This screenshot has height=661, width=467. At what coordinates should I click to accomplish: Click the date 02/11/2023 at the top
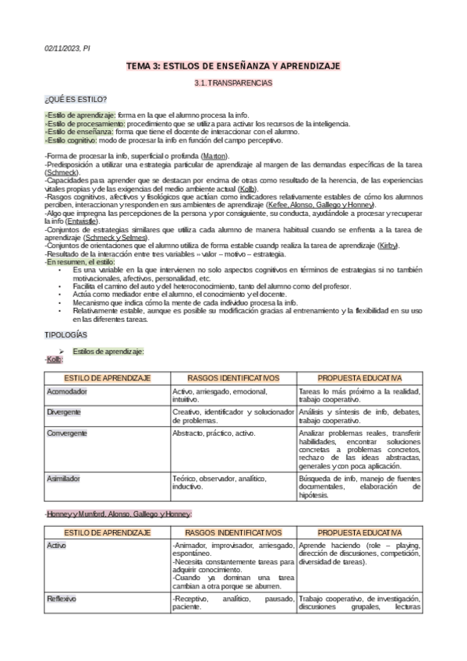(x=62, y=48)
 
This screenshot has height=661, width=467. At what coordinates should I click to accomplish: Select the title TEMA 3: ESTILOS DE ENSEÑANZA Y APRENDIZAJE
(x=233, y=67)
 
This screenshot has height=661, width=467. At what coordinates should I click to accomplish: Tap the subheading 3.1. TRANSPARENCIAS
(x=233, y=83)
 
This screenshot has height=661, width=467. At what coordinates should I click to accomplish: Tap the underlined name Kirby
(x=387, y=246)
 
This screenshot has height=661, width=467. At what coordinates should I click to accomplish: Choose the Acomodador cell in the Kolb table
(x=67, y=391)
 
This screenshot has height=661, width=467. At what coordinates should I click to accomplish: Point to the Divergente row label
(x=64, y=411)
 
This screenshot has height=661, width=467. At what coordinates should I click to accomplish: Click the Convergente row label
(x=67, y=432)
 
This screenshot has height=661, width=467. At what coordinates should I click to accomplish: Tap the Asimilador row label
(x=65, y=477)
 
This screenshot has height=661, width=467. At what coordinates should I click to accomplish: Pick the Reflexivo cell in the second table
(x=61, y=599)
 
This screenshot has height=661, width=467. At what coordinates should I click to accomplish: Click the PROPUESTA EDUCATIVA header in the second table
(x=359, y=532)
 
